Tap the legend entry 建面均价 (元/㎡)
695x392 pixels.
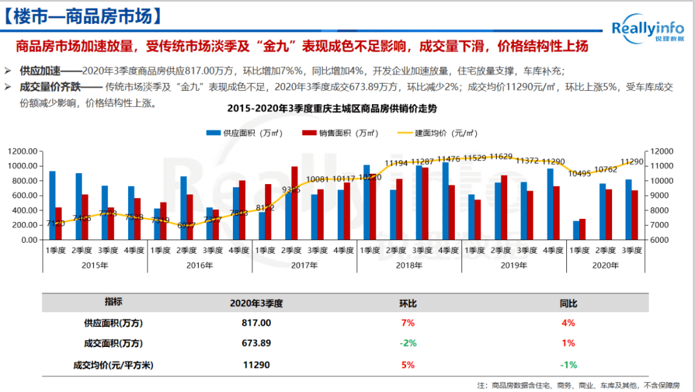437,133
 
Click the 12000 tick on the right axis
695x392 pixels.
662,151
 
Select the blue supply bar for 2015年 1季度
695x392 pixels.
52,205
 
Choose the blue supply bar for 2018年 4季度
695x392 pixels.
445,201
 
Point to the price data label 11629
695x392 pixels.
501,156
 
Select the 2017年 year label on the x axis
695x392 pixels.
304,265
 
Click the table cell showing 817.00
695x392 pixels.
256,322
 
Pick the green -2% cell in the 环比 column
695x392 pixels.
408,343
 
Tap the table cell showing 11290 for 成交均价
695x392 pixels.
256,364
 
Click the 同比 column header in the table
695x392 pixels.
568,303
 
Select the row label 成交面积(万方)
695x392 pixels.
113,343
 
